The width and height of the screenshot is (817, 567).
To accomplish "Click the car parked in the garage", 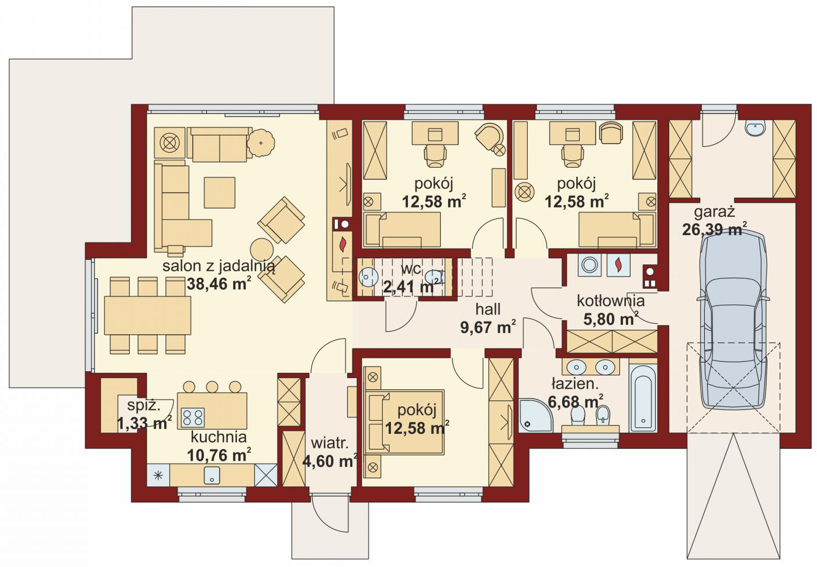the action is [x=733, y=321].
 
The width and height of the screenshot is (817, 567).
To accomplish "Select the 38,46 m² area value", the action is [x=218, y=283].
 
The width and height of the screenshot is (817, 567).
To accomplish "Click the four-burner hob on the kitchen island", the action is [x=193, y=417].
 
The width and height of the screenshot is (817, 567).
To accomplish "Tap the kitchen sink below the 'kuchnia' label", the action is [x=212, y=475].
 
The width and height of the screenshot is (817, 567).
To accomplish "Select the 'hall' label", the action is [x=487, y=309].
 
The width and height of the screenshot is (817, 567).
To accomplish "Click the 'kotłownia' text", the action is [x=611, y=301].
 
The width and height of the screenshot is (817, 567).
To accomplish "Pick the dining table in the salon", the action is [x=147, y=315].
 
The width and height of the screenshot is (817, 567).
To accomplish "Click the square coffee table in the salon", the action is [x=220, y=193].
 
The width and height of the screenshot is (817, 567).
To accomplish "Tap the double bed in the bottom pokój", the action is [x=404, y=422].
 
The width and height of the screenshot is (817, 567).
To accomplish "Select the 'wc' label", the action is [x=411, y=269].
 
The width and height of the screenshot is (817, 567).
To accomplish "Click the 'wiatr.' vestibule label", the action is [x=330, y=444].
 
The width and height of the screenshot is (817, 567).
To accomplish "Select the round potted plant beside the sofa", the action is [x=261, y=143].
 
